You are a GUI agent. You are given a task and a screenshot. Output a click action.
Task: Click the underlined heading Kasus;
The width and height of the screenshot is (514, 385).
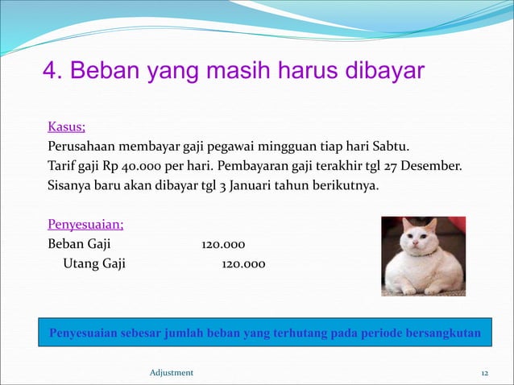67,126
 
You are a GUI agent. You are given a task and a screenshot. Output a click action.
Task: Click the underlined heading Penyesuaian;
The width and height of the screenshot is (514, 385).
85,224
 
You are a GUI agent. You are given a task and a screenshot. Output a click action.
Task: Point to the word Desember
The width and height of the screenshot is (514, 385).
433,167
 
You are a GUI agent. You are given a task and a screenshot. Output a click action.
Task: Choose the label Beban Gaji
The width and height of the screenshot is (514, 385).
80,244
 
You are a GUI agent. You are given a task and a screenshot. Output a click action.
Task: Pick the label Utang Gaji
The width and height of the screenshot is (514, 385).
94,264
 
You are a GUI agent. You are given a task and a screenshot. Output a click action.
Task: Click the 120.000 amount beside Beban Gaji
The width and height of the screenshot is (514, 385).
223,244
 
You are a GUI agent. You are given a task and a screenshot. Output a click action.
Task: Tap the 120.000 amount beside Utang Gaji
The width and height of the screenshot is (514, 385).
243,264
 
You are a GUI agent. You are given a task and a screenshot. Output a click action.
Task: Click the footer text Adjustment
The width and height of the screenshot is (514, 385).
172,372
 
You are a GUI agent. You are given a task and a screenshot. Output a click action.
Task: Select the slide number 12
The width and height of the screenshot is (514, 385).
485,372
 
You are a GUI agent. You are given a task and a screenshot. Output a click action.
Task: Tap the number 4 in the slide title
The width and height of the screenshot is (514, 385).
49,71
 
